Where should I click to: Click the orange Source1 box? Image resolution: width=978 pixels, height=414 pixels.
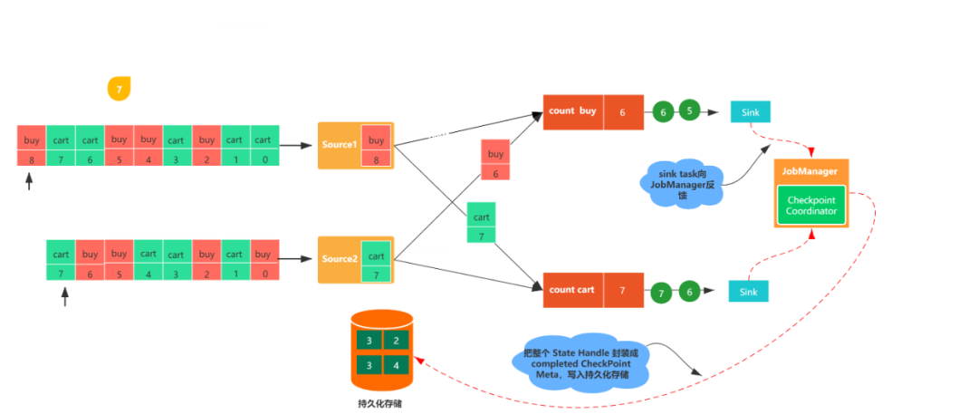pyautogui.click(x=340, y=145)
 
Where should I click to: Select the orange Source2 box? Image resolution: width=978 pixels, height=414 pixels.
pyautogui.click(x=340, y=259)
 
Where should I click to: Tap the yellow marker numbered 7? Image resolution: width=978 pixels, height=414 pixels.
pyautogui.click(x=120, y=88)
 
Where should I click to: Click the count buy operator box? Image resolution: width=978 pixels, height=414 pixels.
pyautogui.click(x=572, y=111)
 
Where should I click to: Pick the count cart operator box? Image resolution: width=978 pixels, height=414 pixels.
pyautogui.click(x=572, y=290)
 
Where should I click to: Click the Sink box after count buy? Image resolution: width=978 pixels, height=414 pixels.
pyautogui.click(x=750, y=111)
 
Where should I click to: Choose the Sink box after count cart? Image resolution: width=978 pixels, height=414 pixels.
pyautogui.click(x=749, y=292)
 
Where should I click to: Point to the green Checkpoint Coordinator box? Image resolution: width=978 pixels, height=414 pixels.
pyautogui.click(x=810, y=205)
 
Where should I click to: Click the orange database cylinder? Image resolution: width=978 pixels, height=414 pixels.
pyautogui.click(x=382, y=349)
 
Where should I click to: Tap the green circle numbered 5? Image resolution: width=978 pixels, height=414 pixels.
pyautogui.click(x=690, y=111)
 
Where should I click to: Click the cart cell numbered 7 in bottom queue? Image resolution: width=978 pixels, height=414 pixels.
pyautogui.click(x=61, y=262)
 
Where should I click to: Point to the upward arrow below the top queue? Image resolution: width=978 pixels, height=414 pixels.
pyautogui.click(x=29, y=181)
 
